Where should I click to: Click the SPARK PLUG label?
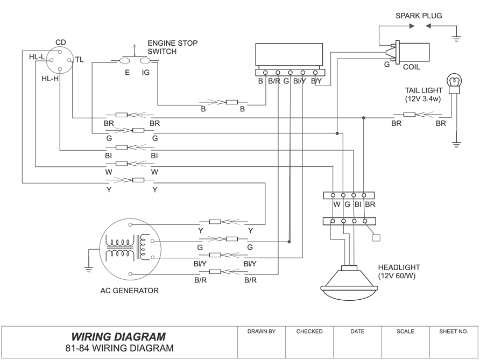(419, 16)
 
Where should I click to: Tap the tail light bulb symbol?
(456, 82)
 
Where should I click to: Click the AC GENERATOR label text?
(130, 291)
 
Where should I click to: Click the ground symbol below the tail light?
(456, 144)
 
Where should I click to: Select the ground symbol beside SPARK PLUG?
(456, 38)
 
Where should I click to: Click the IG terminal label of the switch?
(145, 72)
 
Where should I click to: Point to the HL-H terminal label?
(50, 79)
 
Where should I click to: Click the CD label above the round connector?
(61, 42)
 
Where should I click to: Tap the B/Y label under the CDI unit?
(316, 82)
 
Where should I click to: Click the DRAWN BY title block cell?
(261, 331)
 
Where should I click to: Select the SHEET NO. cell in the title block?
(454, 331)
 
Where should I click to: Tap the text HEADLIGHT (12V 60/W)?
(399, 272)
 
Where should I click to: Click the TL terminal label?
(79, 60)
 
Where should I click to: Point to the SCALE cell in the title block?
(405, 331)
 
